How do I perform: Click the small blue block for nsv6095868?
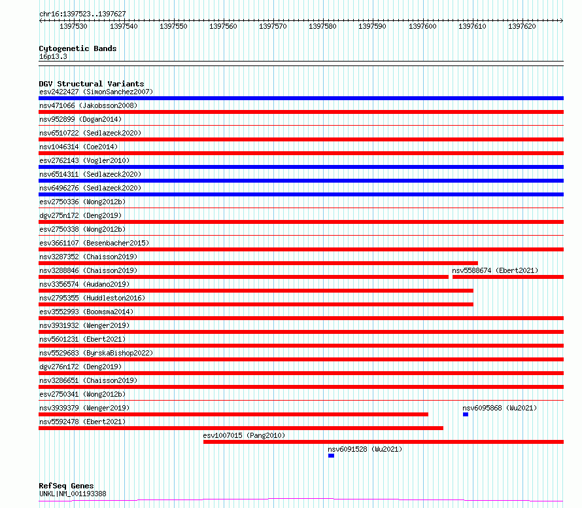pyautogui.click(x=466, y=414)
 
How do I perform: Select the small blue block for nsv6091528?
pyautogui.click(x=331, y=456)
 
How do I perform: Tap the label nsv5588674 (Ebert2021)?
pyautogui.click(x=495, y=270)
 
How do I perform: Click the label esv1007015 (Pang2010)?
pyautogui.click(x=244, y=435)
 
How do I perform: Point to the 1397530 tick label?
pyautogui.click(x=73, y=26)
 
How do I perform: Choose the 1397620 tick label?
pyautogui.click(x=522, y=26)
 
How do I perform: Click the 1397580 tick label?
pyautogui.click(x=322, y=26)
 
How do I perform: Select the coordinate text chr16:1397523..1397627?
pyautogui.click(x=82, y=14)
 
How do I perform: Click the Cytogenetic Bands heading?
pyautogui.click(x=78, y=48)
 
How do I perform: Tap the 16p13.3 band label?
pyautogui.click(x=53, y=56)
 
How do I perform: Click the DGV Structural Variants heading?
pyautogui.click(x=92, y=84)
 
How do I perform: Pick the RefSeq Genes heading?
pyautogui.click(x=66, y=486)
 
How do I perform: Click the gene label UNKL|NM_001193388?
pyautogui.click(x=73, y=494)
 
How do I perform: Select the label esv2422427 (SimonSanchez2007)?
pyautogui.click(x=96, y=92)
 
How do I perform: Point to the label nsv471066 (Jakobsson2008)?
pyautogui.click(x=88, y=105)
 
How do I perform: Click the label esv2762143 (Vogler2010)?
pyautogui.click(x=84, y=160)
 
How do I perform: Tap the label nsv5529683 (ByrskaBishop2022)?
pyautogui.click(x=96, y=353)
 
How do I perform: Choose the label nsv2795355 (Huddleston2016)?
pyautogui.click(x=92, y=298)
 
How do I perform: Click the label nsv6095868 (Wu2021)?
pyautogui.click(x=500, y=408)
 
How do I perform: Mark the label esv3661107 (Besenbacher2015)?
pyautogui.click(x=94, y=243)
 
